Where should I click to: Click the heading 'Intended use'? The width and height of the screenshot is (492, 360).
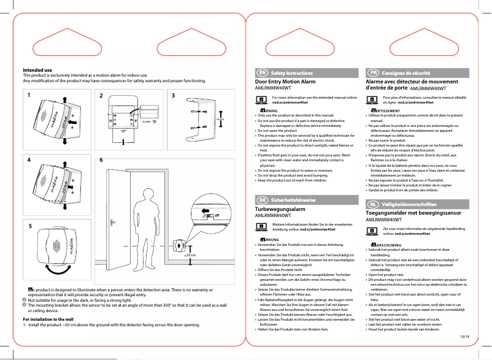pos(37,70)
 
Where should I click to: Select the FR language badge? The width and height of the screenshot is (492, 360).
pos(372,73)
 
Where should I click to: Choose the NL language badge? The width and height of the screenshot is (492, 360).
pos(372,204)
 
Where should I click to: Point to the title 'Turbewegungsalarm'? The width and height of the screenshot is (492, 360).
pos(280,209)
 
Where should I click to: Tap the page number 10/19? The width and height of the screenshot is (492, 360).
pos(464,336)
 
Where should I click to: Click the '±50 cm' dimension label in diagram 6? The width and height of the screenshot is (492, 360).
pos(190,254)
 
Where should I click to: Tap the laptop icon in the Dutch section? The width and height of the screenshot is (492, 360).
pos(372,231)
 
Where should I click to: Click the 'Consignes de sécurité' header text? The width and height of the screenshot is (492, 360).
pos(406,73)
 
